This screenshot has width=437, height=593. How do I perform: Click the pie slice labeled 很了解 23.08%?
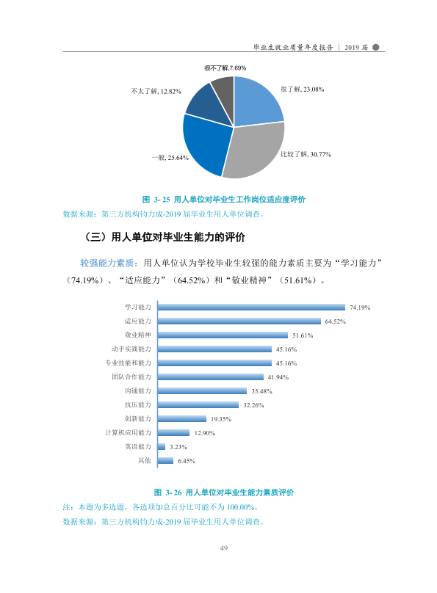256,102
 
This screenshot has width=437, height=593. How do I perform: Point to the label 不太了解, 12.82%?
156,92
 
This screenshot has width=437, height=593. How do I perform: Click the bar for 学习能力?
251,307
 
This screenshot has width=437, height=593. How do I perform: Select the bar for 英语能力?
162,447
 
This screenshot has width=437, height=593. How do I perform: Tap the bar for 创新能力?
182,418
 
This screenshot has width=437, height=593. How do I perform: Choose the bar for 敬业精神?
223,335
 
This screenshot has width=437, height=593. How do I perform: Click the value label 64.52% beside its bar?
335,321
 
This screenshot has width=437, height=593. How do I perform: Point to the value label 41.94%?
278,377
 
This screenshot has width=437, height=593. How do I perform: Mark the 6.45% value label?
187,461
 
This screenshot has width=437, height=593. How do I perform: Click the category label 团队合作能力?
131,376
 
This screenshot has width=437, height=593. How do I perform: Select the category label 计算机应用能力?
128,433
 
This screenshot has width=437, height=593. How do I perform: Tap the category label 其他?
145,461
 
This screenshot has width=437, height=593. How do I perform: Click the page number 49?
223,548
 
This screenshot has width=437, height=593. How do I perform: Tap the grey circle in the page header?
376,47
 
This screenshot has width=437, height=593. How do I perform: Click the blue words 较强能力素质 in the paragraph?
106,263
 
